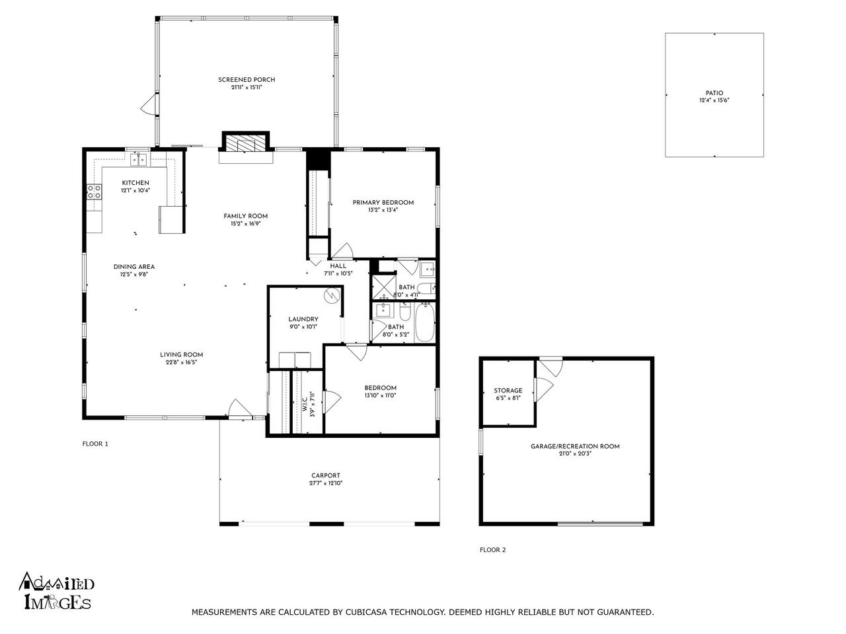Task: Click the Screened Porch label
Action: (247, 80)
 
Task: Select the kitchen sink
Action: (138, 159)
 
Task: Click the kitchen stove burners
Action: (95, 192)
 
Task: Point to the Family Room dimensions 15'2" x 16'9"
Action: (245, 223)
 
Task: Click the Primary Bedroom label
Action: (383, 203)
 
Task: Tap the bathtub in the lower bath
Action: (425, 322)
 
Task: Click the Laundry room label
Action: (303, 319)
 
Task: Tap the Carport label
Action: (326, 475)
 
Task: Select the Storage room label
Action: (508, 390)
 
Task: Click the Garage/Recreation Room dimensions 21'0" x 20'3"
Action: (575, 454)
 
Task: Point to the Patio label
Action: (714, 92)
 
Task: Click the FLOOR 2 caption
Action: (492, 549)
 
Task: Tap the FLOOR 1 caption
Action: (95, 444)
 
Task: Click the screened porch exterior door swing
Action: (149, 104)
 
